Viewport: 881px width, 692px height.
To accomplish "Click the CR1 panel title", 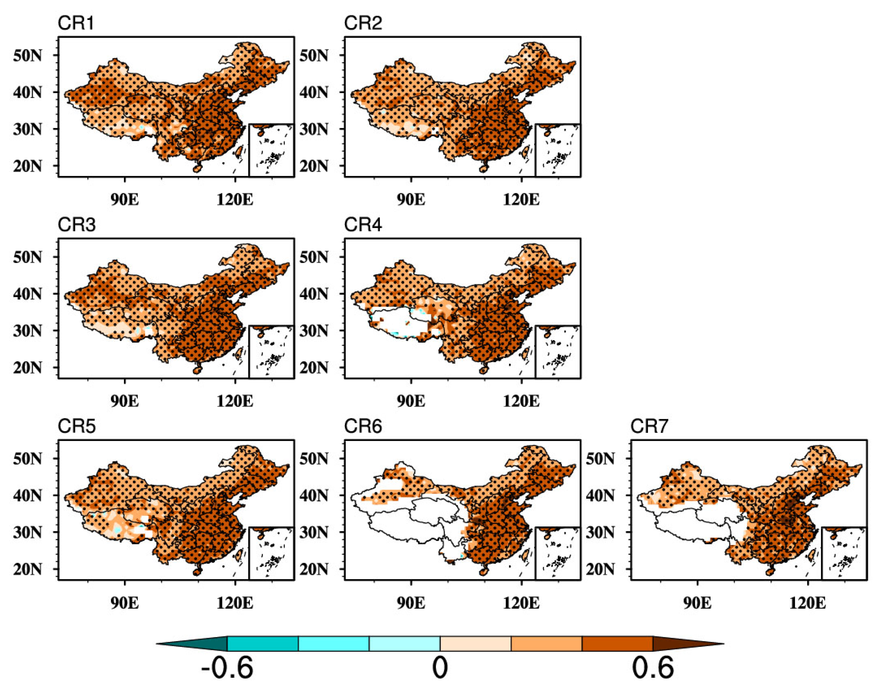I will tap(76, 23).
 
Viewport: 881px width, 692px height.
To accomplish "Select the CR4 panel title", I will tap(363, 225).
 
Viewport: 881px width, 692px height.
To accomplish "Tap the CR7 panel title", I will tap(649, 426).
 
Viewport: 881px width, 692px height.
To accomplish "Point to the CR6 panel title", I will tap(363, 426).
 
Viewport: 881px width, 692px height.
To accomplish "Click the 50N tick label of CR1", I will tap(27, 56).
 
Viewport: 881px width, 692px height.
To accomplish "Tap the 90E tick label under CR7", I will tap(697, 603).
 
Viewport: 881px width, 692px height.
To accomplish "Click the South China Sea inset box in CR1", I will tap(271, 150).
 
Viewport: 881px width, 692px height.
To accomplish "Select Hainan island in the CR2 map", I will tap(483, 168).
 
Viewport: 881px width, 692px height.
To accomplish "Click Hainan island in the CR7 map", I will tap(770, 572).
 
